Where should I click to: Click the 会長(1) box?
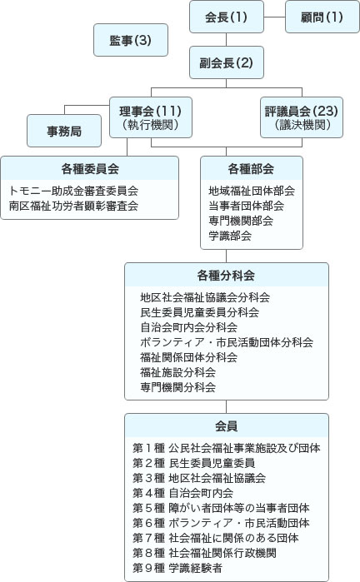[x=227, y=17]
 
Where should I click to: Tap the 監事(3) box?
[x=130, y=40]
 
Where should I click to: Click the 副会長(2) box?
[x=227, y=62]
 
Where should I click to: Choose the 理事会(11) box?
[x=151, y=117]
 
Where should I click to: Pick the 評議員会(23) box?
[x=302, y=117]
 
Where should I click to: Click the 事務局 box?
[x=65, y=130]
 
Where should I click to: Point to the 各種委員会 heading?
[x=90, y=168]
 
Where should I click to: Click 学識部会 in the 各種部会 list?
[x=230, y=236]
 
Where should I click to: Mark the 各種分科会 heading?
[x=226, y=276]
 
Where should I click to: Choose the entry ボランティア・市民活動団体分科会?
[x=227, y=342]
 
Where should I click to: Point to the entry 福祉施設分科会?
[x=178, y=372]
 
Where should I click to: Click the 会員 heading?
[x=226, y=425]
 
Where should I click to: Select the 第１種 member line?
[x=227, y=448]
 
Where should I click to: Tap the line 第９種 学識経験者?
[x=177, y=568]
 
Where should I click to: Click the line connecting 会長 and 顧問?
[x=272, y=17]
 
